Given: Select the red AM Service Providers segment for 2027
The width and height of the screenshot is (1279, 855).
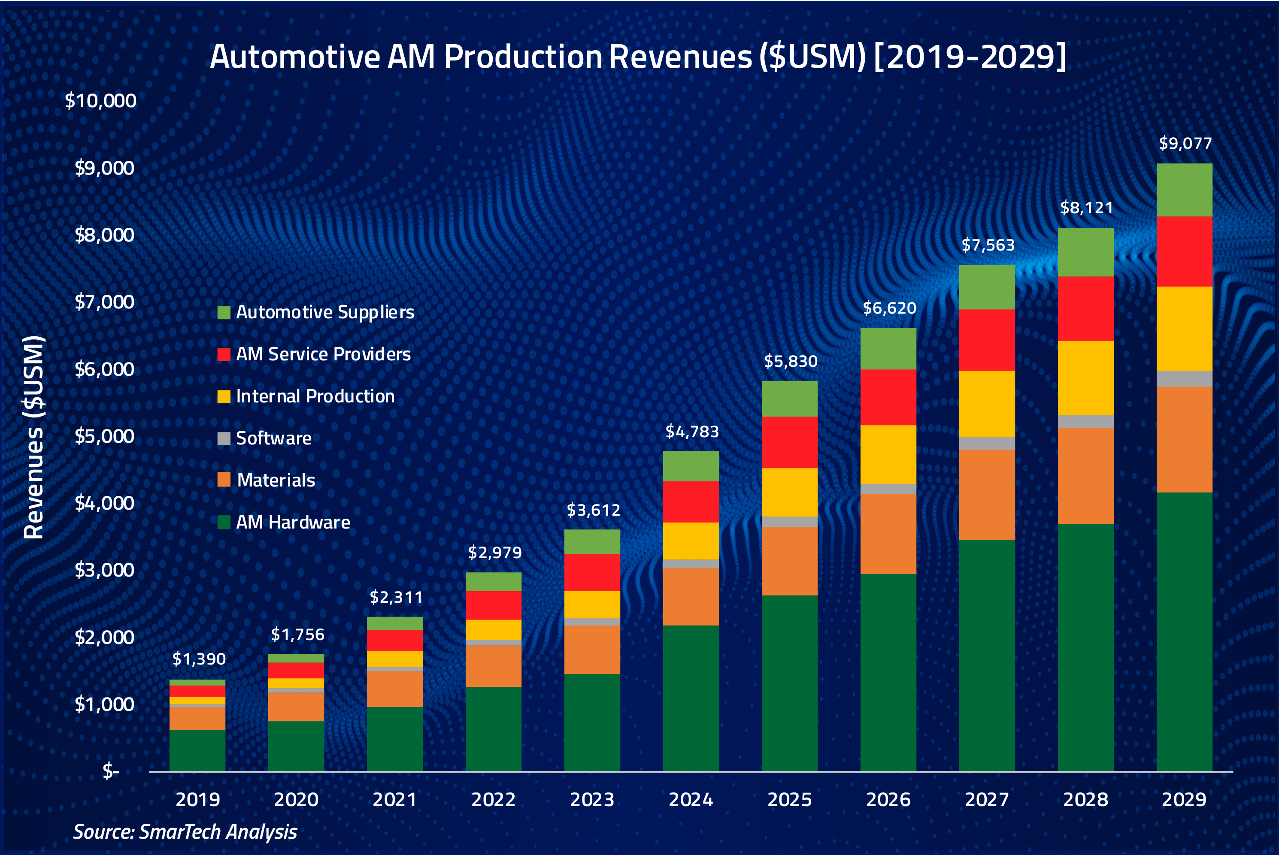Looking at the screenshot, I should coord(987,340).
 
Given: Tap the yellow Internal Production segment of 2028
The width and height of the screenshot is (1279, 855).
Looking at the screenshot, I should coord(1085,378).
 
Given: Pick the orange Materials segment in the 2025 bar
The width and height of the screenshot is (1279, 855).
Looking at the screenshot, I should coord(789,561).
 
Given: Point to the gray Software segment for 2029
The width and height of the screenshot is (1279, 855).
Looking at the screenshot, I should coord(1184,378).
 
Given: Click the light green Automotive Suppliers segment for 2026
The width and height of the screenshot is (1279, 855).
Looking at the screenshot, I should coord(888,348).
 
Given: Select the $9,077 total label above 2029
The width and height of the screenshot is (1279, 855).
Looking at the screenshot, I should coord(1185,143).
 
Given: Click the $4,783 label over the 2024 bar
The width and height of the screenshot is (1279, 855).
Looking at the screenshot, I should coord(691,432).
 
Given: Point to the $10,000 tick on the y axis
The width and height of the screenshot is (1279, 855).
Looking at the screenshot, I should coord(100,100).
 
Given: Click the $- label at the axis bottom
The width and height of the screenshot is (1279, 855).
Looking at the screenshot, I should coord(111,771).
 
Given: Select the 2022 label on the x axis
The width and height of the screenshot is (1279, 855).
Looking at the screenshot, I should coord(493,799).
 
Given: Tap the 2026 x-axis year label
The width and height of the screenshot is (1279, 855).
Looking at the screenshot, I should coord(888,799).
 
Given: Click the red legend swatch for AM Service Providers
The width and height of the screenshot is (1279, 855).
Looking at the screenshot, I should coord(224,354).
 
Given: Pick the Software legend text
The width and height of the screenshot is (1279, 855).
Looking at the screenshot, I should coord(273,438).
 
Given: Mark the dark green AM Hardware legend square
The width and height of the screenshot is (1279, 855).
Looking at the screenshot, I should coord(224,523).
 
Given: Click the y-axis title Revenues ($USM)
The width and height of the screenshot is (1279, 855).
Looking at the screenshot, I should coord(34,437).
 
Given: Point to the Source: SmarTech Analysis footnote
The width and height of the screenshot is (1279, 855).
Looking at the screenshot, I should coord(185,831).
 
